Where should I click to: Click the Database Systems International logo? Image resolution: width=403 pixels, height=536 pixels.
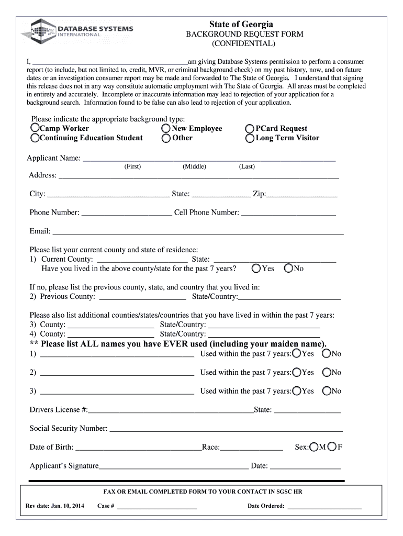(x=77, y=31)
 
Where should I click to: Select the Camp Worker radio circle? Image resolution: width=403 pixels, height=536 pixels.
(x=35, y=128)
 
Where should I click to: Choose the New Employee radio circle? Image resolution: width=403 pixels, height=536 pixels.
(x=166, y=128)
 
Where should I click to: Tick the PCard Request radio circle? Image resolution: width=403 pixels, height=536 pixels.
(x=250, y=128)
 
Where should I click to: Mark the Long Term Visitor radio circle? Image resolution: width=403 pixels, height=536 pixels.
(x=250, y=138)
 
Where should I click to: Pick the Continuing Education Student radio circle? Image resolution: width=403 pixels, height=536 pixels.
(x=35, y=138)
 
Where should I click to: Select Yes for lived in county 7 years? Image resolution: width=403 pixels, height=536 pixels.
(x=256, y=269)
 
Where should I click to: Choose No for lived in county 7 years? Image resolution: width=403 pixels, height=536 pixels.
(x=288, y=269)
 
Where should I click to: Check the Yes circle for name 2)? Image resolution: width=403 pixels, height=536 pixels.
(x=297, y=372)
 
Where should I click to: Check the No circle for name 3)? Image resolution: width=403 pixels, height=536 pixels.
(x=327, y=391)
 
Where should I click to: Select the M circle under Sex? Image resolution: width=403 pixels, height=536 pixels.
(x=314, y=447)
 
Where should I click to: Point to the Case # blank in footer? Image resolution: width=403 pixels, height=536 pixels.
(x=157, y=507)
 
